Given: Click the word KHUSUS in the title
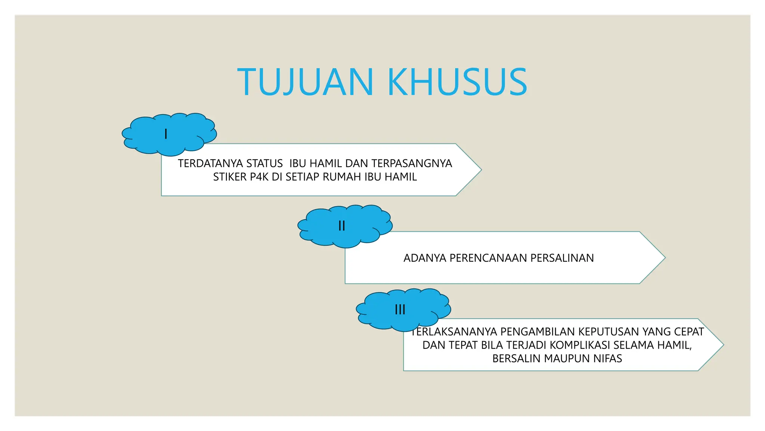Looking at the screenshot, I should pyautogui.click(x=457, y=82).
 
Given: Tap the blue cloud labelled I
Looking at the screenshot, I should pyautogui.click(x=169, y=134).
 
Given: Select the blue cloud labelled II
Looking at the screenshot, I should pyautogui.click(x=344, y=226).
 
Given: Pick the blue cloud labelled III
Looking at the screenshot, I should pyautogui.click(x=403, y=310).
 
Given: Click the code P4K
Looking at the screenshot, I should pyautogui.click(x=259, y=177).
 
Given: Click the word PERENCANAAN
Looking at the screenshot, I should pyautogui.click(x=488, y=258).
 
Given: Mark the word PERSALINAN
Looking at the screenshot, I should pyautogui.click(x=562, y=258).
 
